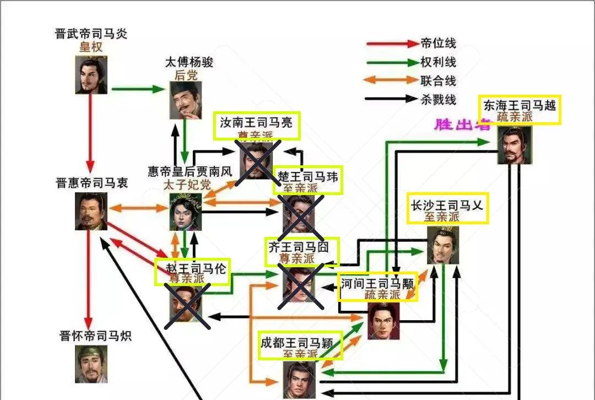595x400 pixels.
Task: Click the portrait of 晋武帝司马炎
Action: (x=91, y=75)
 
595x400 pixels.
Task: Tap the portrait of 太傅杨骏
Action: (x=185, y=100)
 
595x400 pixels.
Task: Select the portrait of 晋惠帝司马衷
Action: (x=91, y=211)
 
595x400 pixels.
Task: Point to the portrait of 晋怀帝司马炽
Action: (x=91, y=364)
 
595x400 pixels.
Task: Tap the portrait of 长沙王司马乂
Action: (x=443, y=245)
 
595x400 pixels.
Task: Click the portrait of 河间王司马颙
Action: (x=383, y=321)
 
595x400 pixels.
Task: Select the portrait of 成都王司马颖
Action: (x=299, y=380)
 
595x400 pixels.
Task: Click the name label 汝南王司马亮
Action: (x=256, y=122)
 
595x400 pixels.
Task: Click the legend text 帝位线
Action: (x=438, y=44)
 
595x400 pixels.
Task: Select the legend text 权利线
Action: (x=438, y=62)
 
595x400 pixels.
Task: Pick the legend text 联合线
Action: (x=438, y=80)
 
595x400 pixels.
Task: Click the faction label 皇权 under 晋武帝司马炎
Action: (x=91, y=47)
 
